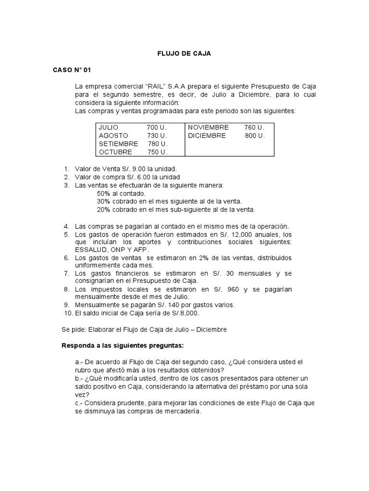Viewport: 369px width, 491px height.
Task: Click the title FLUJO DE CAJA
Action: point(184,54)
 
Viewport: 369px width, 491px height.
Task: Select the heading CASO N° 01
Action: point(72,70)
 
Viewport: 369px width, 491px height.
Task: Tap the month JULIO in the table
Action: point(109,128)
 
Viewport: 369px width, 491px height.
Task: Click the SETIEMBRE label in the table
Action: point(118,144)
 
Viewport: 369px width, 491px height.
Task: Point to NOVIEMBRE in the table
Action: point(208,128)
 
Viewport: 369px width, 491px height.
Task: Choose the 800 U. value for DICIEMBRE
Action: point(255,136)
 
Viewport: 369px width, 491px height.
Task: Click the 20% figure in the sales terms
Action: point(104,210)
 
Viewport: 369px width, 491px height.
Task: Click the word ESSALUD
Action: point(91,250)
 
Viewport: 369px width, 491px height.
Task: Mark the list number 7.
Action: point(66,273)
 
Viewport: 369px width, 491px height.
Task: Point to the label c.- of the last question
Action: point(80,403)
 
